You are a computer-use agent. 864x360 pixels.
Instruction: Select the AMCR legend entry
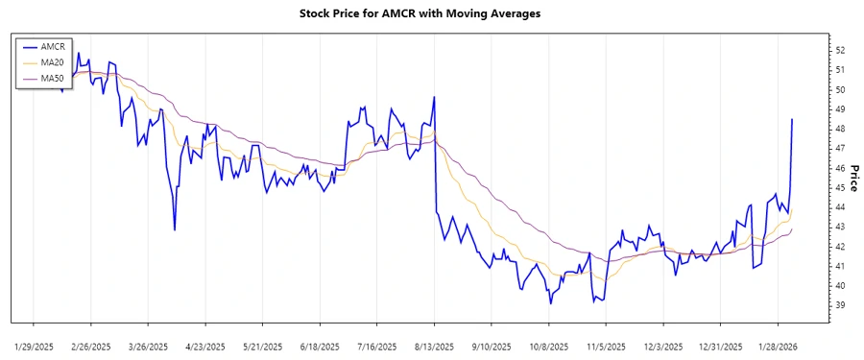click(x=52, y=45)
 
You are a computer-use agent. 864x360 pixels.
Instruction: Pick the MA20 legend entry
click(x=52, y=62)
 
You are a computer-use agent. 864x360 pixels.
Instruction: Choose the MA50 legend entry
click(x=52, y=79)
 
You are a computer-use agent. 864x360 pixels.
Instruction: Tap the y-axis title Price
click(x=853, y=177)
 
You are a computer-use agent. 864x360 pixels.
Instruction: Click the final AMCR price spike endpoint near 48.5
click(x=792, y=119)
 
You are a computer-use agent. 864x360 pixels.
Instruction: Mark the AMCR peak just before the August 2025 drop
click(x=435, y=97)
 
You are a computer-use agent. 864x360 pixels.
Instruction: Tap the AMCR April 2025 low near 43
click(x=175, y=229)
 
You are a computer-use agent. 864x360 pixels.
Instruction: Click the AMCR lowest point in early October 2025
click(x=550, y=303)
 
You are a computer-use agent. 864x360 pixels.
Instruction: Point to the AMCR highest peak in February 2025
click(x=79, y=54)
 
